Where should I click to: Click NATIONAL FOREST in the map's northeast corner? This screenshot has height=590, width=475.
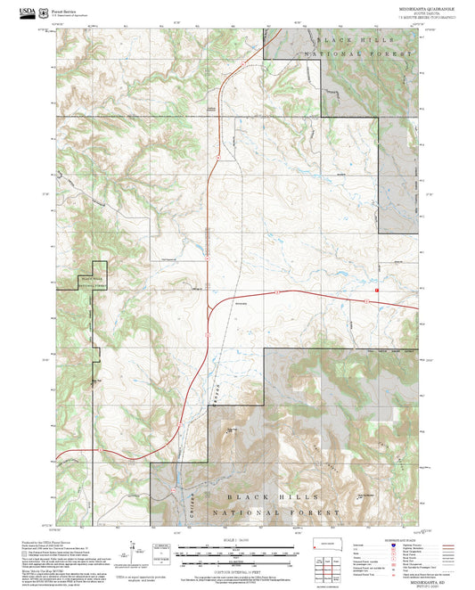click(x=360, y=54)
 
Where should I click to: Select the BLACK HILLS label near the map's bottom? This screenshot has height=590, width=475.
click(x=267, y=496)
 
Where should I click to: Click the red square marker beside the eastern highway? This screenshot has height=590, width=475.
click(x=377, y=290)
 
